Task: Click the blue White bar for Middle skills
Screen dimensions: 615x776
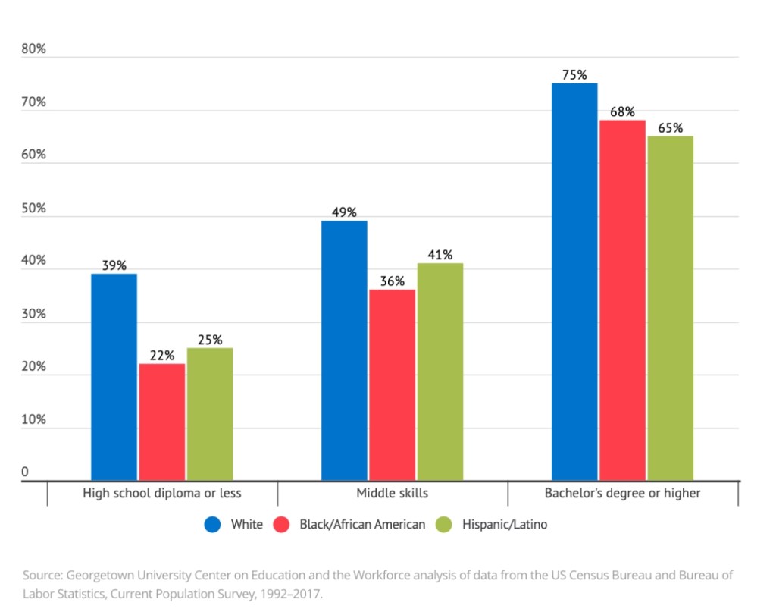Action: [344, 350]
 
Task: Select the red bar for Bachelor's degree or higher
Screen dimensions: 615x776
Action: [622, 300]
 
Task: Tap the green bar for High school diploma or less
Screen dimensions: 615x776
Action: [210, 414]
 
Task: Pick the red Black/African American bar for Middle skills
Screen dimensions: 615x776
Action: [392, 385]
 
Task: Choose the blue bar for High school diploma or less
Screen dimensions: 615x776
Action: [114, 377]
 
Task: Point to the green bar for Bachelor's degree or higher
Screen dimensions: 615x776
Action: [671, 308]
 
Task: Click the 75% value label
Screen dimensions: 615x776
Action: [574, 75]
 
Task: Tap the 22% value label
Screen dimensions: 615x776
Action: [162, 355]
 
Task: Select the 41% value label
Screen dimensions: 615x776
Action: [440, 255]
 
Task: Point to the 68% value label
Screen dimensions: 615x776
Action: [622, 111]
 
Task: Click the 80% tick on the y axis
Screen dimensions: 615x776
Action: [34, 50]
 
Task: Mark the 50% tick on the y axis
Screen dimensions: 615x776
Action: [34, 209]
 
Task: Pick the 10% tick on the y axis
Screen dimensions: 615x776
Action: [34, 419]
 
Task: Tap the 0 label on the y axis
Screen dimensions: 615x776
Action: [25, 472]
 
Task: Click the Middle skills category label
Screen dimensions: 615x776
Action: [393, 494]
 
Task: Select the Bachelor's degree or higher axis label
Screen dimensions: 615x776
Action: [622, 494]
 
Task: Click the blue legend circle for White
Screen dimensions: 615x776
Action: [213, 525]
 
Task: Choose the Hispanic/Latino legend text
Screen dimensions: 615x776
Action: [504, 525]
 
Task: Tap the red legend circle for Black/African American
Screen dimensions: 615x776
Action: [282, 525]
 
